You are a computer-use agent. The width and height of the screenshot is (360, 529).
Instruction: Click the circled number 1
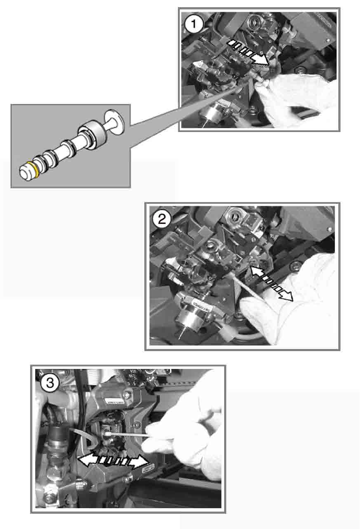click(194, 24)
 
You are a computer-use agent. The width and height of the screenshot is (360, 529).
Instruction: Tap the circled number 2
click(162, 219)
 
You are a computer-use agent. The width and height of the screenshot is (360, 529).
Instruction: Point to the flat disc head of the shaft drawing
click(114, 122)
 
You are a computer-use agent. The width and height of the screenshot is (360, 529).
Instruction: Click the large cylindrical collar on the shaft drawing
click(92, 136)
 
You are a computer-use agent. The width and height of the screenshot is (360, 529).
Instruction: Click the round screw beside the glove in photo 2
click(295, 266)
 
